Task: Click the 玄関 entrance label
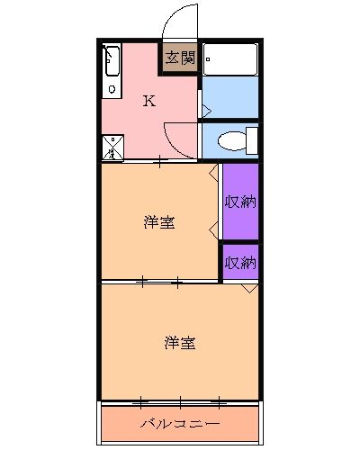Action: click(180, 58)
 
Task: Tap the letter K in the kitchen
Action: click(149, 101)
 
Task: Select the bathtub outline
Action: click(229, 59)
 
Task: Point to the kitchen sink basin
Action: click(111, 62)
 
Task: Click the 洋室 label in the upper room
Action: click(159, 222)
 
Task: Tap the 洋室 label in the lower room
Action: click(180, 343)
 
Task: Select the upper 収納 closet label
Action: click(240, 202)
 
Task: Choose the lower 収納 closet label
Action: click(240, 263)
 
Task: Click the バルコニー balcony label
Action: click(180, 421)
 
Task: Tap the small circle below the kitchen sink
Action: click(111, 89)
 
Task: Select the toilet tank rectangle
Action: click(252, 140)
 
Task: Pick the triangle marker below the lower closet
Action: click(249, 288)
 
